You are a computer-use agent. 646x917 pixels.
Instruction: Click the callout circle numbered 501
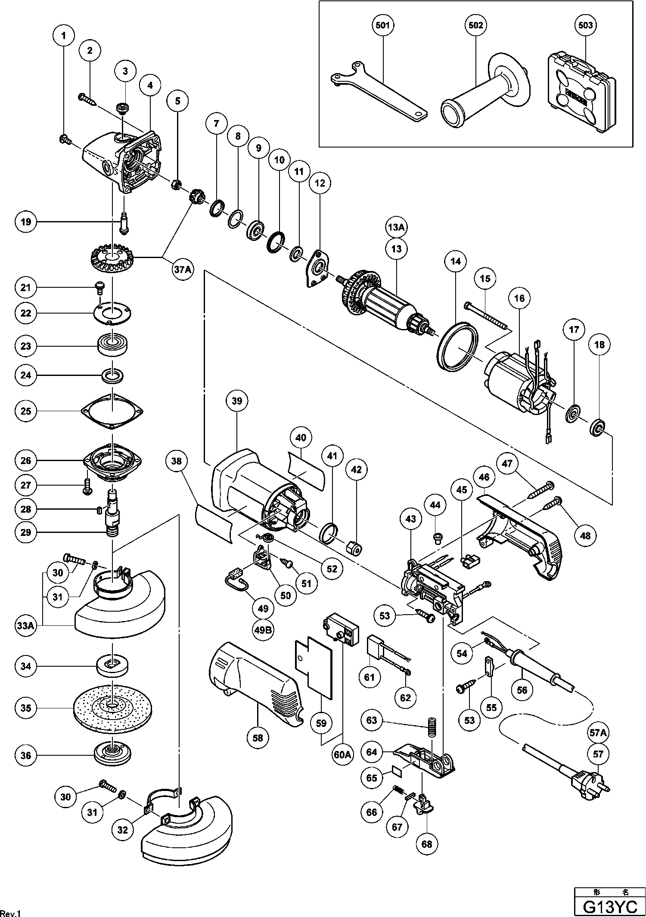pos(382,25)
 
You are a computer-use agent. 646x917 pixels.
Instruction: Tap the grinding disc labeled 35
pos(112,707)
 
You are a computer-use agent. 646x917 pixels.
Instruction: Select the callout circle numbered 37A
pos(182,270)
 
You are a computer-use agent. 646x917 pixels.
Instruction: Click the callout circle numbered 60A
pos(343,754)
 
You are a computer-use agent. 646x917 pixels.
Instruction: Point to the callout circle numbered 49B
pos(263,630)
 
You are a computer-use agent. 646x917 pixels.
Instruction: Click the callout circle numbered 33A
pos(26,625)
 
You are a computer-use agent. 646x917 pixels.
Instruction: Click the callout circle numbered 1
pos(64,36)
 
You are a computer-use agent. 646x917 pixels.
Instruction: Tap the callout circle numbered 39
pos(237,401)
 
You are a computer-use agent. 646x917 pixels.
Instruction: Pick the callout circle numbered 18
pos(599,345)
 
